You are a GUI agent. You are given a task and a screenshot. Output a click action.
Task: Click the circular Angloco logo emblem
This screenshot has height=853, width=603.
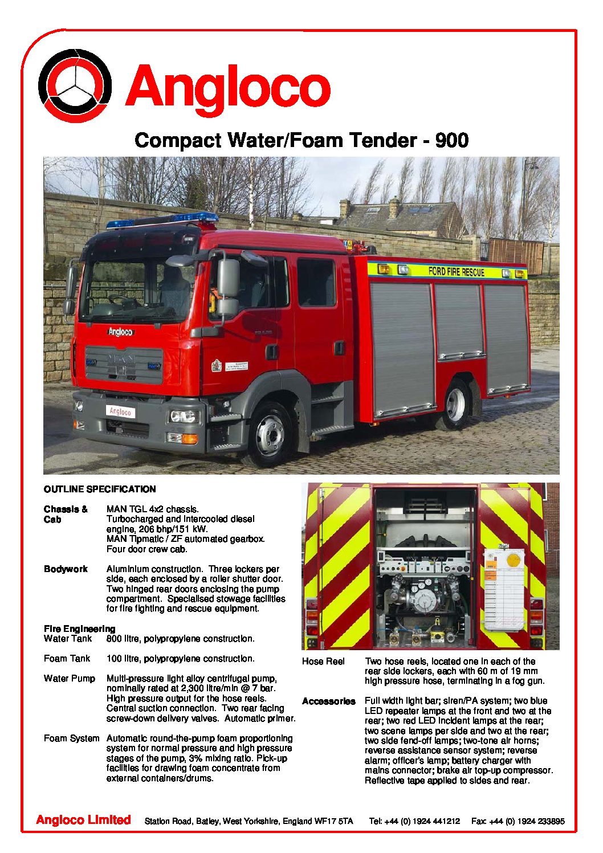click(x=75, y=85)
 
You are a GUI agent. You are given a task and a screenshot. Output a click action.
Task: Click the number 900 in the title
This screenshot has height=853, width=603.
click(x=451, y=140)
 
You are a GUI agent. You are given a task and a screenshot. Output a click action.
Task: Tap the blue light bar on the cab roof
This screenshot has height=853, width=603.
click(x=163, y=221)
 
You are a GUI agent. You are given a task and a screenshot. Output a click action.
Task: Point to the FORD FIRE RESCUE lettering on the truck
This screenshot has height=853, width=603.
click(x=456, y=272)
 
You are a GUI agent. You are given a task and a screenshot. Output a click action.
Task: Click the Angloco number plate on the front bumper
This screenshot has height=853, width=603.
click(x=120, y=411)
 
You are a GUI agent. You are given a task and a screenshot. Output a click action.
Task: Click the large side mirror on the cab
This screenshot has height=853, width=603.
click(x=228, y=279)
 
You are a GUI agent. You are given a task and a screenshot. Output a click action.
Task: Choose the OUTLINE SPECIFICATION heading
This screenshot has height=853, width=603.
click(x=100, y=489)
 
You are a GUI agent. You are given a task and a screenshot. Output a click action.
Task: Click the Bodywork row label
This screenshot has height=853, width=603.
click(x=66, y=569)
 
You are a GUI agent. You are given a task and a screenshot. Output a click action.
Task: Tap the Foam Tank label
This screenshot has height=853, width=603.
click(x=67, y=659)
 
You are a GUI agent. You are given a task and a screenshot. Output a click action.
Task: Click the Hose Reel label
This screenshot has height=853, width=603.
click(x=323, y=662)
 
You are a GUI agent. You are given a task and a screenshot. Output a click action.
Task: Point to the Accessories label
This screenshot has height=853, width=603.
click(x=328, y=701)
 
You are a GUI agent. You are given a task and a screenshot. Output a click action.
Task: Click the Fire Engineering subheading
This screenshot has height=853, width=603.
click(x=79, y=629)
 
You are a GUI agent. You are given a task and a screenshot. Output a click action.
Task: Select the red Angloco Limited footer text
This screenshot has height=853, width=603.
click(x=83, y=820)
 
